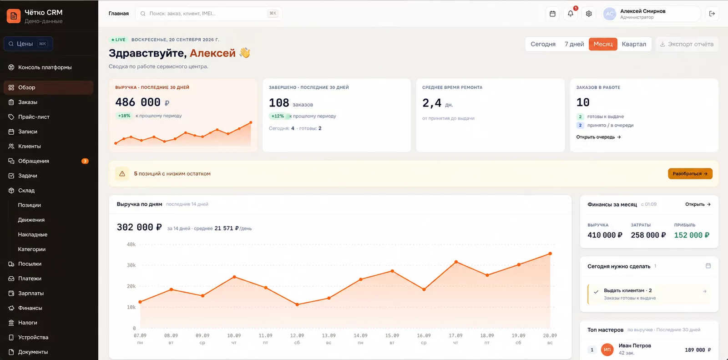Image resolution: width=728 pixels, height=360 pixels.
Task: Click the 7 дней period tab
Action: [574, 44]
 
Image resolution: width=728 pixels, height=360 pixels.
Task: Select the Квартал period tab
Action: [634, 44]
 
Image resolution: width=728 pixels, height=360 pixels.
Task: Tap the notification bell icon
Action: [571, 14]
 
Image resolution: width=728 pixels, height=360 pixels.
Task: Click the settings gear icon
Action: [589, 14]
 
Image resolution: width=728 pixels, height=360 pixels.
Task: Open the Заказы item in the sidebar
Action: [28, 102]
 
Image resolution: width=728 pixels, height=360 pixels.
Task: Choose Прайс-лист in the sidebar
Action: [34, 117]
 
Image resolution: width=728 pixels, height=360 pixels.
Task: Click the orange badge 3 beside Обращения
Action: [85, 161]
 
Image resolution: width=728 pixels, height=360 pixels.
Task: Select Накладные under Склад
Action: [32, 234]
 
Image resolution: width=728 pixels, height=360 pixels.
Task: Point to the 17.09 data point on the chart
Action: [456, 262]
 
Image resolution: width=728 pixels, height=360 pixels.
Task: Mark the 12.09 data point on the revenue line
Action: [297, 305]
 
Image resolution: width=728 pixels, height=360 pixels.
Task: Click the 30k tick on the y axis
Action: [131, 265]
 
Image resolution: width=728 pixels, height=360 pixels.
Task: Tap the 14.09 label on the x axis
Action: [360, 335]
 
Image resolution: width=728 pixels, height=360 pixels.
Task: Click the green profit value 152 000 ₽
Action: [692, 235]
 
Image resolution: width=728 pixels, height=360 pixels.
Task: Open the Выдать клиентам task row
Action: [649, 294]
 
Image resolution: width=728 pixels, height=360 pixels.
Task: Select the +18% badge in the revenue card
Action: [124, 116]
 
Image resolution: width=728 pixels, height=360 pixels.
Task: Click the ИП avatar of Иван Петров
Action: [607, 350]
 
